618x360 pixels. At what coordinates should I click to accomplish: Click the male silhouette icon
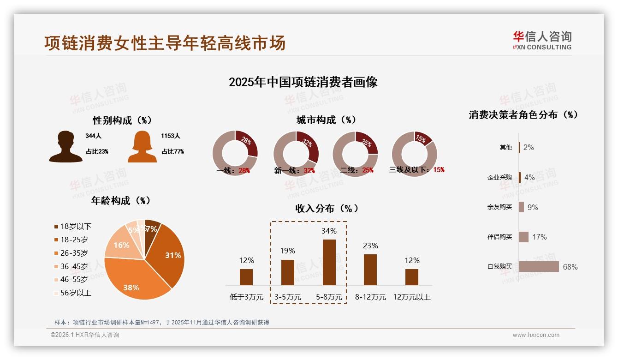[65, 147]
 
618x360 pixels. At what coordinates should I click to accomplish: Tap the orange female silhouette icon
[142, 147]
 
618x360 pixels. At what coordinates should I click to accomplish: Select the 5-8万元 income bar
[329, 262]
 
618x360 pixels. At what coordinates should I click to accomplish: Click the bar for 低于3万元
[246, 277]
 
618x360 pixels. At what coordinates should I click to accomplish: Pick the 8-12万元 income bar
[370, 270]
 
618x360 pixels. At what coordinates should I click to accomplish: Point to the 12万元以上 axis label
[411, 297]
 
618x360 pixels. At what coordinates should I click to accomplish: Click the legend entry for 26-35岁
[74, 253]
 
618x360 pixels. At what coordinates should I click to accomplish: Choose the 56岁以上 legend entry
[76, 293]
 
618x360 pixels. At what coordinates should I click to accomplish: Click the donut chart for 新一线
[296, 154]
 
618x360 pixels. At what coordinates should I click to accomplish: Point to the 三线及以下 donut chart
[414, 154]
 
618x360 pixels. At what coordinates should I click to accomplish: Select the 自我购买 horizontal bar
[539, 267]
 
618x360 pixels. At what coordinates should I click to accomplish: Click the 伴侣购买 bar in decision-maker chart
[523, 237]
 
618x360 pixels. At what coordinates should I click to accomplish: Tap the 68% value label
[570, 267]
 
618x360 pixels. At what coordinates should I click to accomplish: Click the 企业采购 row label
[499, 177]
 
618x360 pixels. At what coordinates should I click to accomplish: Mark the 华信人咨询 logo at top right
[542, 40]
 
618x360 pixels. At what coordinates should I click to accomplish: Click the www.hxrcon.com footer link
[536, 335]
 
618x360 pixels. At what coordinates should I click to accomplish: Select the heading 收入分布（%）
[327, 208]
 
